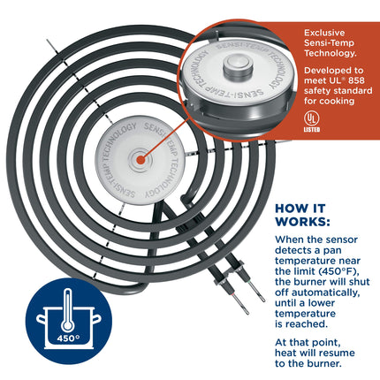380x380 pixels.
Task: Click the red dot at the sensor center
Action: tap(141, 160)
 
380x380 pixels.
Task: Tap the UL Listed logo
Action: tap(312, 122)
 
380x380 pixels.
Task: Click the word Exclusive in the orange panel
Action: tap(324, 33)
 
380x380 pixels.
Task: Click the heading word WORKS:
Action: tap(302, 222)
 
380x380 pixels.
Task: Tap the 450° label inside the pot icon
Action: tap(68, 338)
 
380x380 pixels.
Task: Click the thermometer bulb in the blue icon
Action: tap(68, 325)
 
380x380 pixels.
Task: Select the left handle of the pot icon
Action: tap(41, 319)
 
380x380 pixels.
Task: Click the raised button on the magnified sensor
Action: tap(238, 65)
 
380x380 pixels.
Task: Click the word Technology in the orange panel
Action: tap(331, 54)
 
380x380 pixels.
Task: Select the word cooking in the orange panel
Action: tap(337, 102)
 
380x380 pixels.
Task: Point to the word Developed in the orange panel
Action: tap(325, 71)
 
